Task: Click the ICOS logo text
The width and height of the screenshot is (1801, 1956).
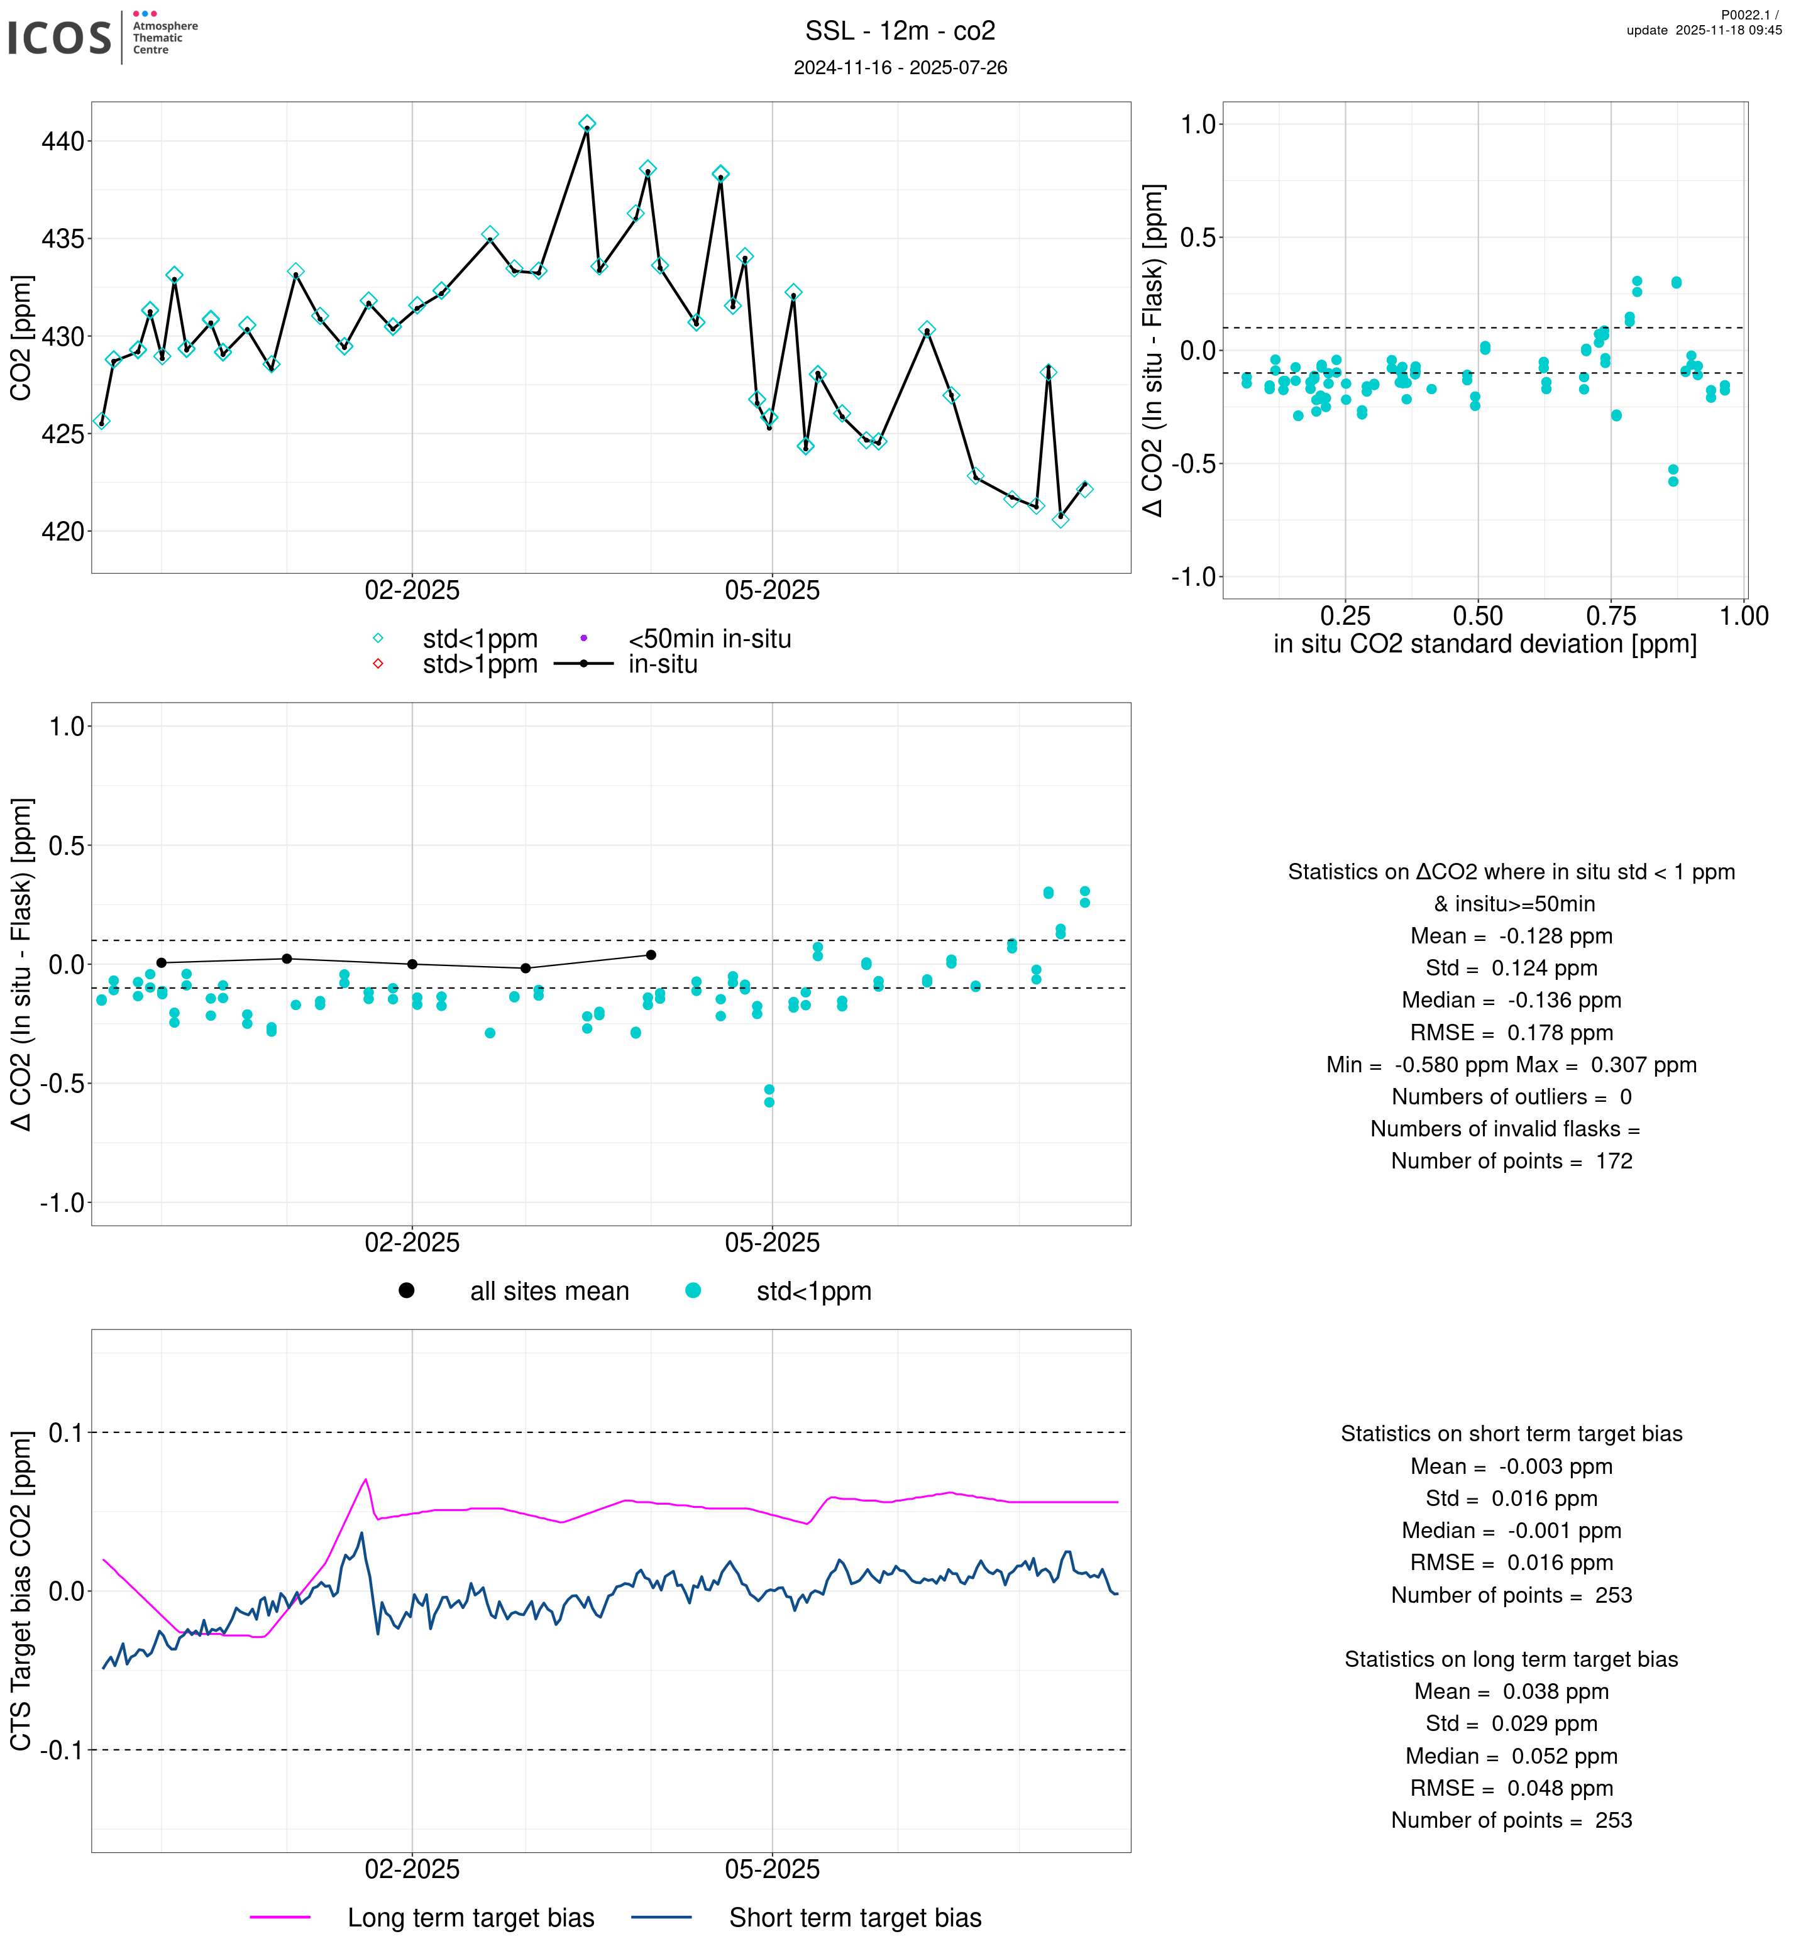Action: click(x=60, y=38)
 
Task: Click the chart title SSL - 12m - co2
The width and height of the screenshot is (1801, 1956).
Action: click(x=900, y=31)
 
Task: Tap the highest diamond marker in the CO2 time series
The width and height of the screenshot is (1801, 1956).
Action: click(x=587, y=124)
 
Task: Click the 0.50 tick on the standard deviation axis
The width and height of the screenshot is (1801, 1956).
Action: click(x=1477, y=616)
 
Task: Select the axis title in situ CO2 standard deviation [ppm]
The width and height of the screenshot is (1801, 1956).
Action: click(x=1484, y=644)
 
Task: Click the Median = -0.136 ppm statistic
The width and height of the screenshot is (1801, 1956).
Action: click(x=1511, y=1000)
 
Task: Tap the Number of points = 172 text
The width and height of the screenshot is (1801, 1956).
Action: click(x=1511, y=1161)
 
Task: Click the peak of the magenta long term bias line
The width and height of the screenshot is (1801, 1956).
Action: click(x=365, y=1480)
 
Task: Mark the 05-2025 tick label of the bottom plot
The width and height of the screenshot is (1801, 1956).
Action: click(x=772, y=1869)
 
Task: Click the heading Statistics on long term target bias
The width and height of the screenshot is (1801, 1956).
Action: click(x=1511, y=1660)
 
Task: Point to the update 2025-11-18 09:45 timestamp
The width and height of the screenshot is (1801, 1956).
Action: click(x=1704, y=30)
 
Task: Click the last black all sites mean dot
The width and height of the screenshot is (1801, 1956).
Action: click(x=651, y=955)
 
